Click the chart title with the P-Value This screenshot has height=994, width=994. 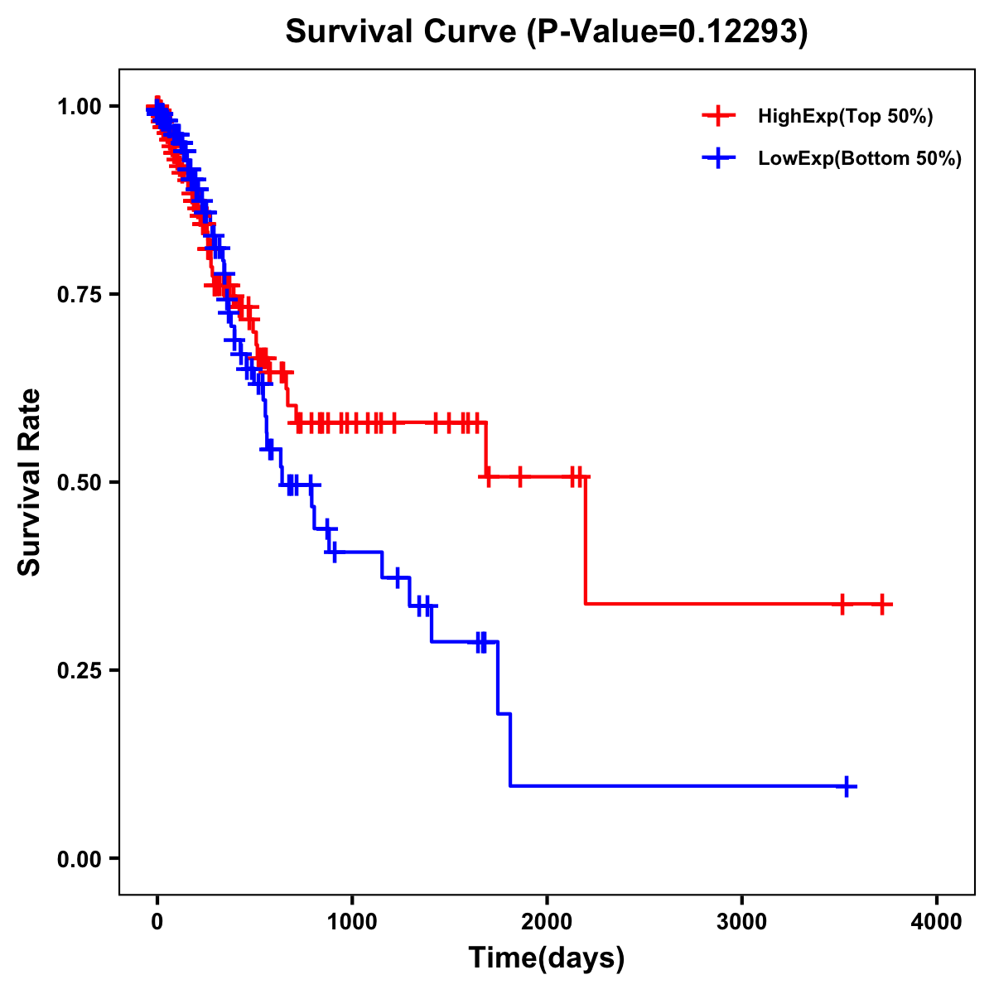coord(547,31)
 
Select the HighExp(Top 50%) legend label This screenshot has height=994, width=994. coord(845,117)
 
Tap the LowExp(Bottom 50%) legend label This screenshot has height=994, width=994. coord(860,159)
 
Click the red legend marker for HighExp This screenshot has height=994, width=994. coord(719,116)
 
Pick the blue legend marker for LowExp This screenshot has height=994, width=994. coord(719,158)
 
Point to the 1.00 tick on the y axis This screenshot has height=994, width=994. coord(82,107)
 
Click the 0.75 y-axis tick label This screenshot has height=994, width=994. coord(82,295)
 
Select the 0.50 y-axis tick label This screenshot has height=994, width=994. coord(82,483)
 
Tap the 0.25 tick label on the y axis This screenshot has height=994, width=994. coord(82,671)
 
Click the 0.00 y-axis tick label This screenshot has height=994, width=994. coord(82,859)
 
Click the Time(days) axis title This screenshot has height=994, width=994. coord(547,958)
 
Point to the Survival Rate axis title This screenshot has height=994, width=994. coord(30,482)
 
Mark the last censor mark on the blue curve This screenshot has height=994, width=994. coord(847,786)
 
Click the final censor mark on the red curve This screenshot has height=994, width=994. coord(882,604)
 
